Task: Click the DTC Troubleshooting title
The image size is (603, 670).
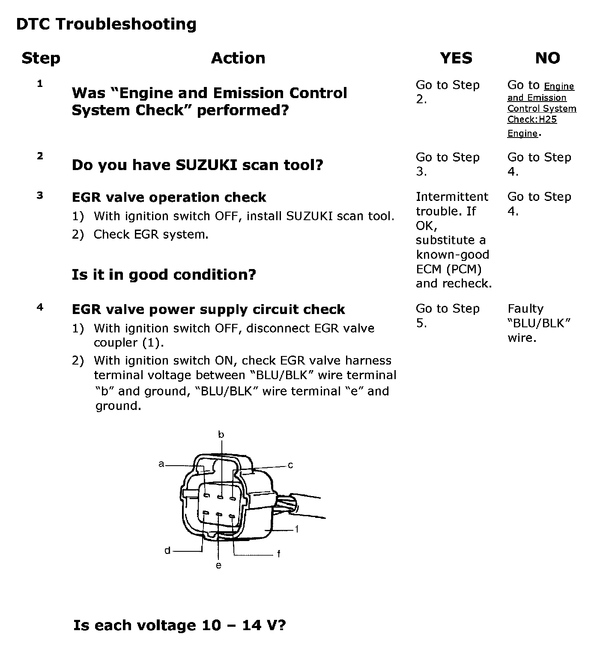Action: (106, 24)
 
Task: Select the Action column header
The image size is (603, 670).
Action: (238, 58)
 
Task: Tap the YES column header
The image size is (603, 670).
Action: (456, 58)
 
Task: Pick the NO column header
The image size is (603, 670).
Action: (547, 58)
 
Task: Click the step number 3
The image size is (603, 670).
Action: (40, 196)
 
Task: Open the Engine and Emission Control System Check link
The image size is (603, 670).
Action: (542, 109)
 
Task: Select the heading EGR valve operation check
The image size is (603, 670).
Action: (169, 197)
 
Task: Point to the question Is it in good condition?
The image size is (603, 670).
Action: (164, 274)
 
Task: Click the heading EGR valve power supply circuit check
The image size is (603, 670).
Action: (208, 309)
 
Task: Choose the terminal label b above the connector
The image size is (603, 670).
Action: (221, 435)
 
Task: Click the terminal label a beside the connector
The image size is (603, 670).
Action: (161, 464)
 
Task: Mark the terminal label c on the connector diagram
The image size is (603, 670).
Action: (290, 465)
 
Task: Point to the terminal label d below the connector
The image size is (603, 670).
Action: (167, 551)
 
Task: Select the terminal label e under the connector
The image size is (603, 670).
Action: (218, 566)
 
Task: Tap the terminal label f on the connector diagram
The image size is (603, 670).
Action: (279, 554)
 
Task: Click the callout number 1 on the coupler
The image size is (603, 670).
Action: (297, 529)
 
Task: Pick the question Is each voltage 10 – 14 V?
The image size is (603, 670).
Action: (179, 625)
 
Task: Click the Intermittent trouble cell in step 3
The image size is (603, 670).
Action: (454, 240)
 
